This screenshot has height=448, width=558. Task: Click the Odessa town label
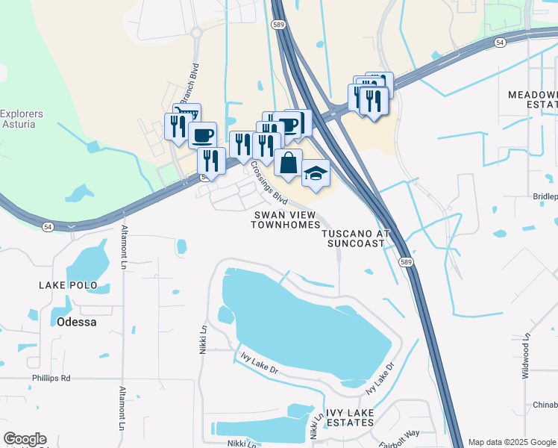coord(76,322)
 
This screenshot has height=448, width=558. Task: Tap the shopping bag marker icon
coord(288,161)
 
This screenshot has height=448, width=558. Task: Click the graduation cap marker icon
coord(316,172)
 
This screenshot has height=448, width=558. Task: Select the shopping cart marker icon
coord(187,115)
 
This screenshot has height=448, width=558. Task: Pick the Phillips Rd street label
coord(51,379)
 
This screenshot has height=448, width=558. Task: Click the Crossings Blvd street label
coord(269,183)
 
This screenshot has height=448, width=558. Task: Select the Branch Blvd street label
coord(189,84)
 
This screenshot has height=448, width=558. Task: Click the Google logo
coord(25,439)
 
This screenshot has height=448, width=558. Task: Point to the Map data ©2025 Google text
coord(512,442)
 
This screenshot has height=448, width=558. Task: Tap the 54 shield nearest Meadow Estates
coord(500,44)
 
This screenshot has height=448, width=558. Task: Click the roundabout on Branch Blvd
coord(197,33)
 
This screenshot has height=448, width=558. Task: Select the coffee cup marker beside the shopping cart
coord(201,135)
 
